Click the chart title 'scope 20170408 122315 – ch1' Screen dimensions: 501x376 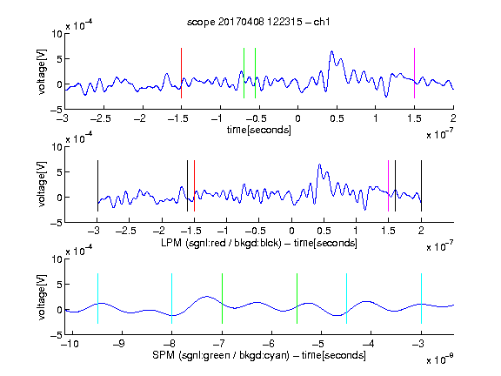tap(258, 22)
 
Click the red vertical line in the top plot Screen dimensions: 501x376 tap(181, 73)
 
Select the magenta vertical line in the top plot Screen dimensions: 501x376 tap(414, 73)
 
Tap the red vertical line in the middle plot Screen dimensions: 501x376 tap(194, 185)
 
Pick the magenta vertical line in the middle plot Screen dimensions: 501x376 tap(388, 185)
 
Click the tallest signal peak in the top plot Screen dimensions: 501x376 tap(331, 51)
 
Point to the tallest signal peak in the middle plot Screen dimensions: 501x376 tap(319, 164)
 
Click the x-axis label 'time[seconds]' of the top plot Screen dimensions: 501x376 tap(259, 130)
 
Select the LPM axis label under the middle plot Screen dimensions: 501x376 tap(259, 243)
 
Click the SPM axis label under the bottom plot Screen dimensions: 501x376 tap(259, 355)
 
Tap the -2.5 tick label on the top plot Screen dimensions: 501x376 tap(101, 118)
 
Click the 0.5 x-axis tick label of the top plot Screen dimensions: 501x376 tap(337, 118)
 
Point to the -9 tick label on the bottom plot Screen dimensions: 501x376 tap(119, 344)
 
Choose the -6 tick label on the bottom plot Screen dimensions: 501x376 tap(269, 344)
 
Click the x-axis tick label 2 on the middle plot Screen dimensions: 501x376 tap(421, 231)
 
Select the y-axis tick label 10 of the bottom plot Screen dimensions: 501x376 tap(57, 259)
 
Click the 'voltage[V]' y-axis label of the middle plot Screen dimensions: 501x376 tap(42, 185)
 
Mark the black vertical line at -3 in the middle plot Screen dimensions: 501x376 tap(97, 185)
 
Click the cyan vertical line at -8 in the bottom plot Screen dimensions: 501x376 tap(172, 299)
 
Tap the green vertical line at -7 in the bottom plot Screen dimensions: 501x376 tap(222, 299)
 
